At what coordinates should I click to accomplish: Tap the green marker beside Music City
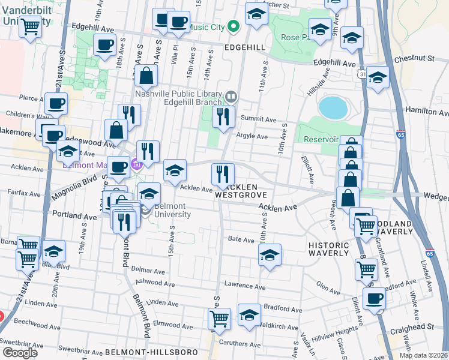coord(234,27)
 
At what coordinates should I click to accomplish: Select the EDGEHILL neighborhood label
coord(244,47)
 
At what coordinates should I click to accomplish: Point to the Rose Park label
coord(294,37)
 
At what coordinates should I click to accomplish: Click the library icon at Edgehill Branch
coord(231,97)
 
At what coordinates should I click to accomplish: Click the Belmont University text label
coord(173,210)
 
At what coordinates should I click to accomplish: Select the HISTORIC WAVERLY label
coord(328,249)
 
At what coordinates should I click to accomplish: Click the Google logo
coord(20,352)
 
